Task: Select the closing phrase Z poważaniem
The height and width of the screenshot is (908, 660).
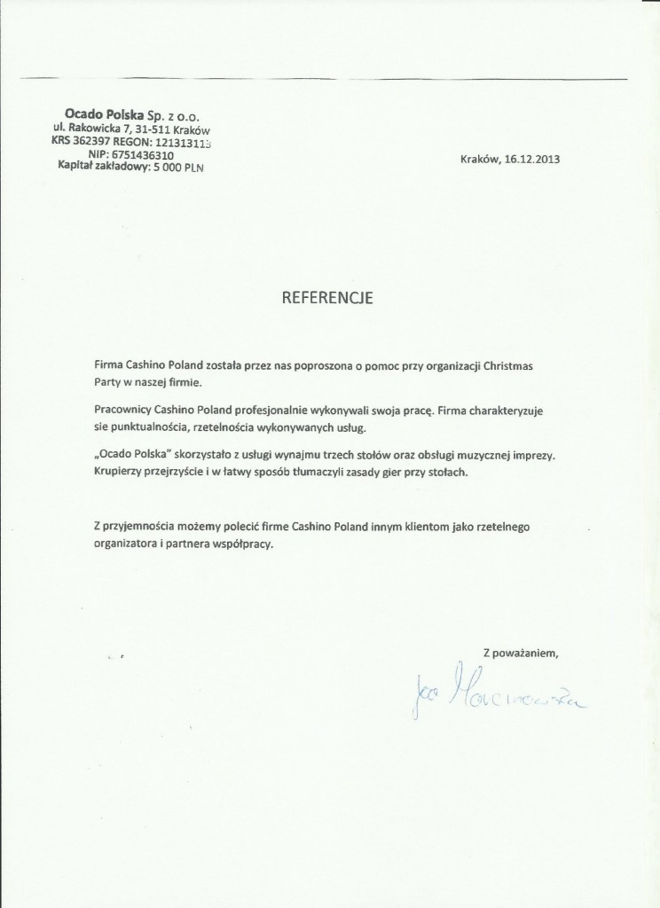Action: click(520, 654)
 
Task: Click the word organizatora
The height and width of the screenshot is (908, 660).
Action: click(128, 545)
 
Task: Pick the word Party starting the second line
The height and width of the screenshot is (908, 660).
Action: click(107, 382)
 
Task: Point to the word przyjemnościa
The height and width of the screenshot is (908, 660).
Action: click(146, 528)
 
